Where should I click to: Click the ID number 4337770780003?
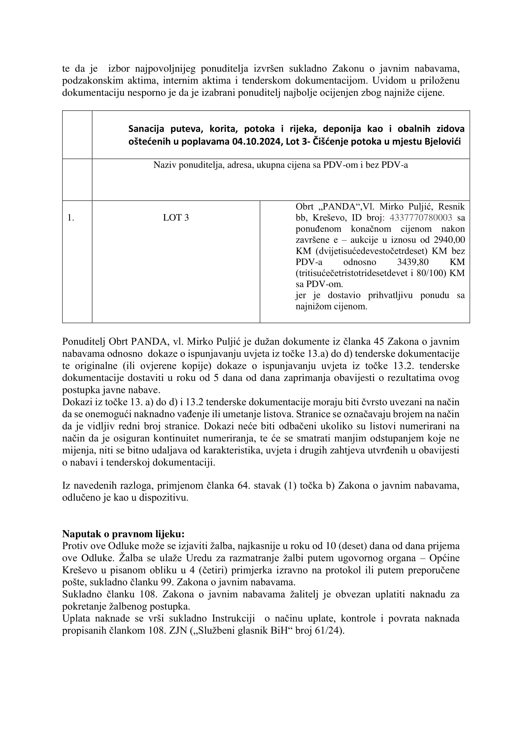tap(421, 218)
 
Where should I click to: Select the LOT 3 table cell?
tap(176, 218)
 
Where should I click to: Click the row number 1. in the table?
tap(71, 218)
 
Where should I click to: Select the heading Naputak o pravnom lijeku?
tap(123, 534)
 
